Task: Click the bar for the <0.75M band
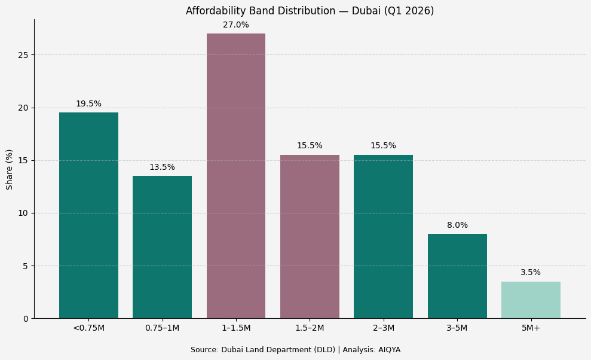pos(88,215)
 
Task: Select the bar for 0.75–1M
pos(162,247)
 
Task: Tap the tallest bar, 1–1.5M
pos(236,176)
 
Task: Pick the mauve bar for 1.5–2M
pos(310,236)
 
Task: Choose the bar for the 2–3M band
pos(383,236)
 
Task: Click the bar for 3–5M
pos(457,276)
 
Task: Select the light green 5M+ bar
pos(531,300)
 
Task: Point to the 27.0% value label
pos(236,25)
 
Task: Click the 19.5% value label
pos(88,104)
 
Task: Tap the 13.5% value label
pos(162,167)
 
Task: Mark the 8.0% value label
pos(457,225)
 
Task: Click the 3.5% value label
pos(531,273)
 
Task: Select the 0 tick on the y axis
pos(26,319)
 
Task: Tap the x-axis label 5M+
pos(531,328)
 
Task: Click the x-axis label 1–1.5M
pos(236,328)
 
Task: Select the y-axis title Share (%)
pos(10,169)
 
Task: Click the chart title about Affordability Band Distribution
pos(310,11)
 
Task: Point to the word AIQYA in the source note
pos(389,350)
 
